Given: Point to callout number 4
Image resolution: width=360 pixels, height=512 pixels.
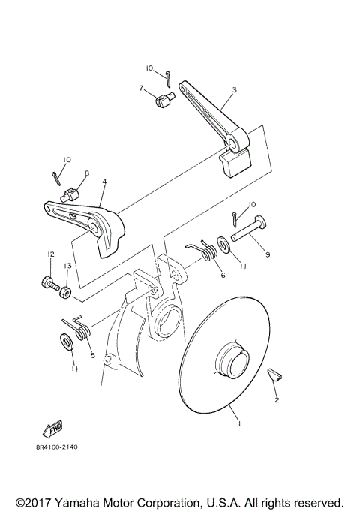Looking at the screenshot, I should pyautogui.click(x=104, y=182).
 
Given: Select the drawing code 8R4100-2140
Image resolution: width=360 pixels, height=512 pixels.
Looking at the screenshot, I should pyautogui.click(x=56, y=447).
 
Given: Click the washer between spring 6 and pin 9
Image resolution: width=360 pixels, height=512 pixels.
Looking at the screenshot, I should pyautogui.click(x=223, y=244).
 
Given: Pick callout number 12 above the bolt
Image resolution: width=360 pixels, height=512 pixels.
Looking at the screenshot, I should pyautogui.click(x=50, y=255).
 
